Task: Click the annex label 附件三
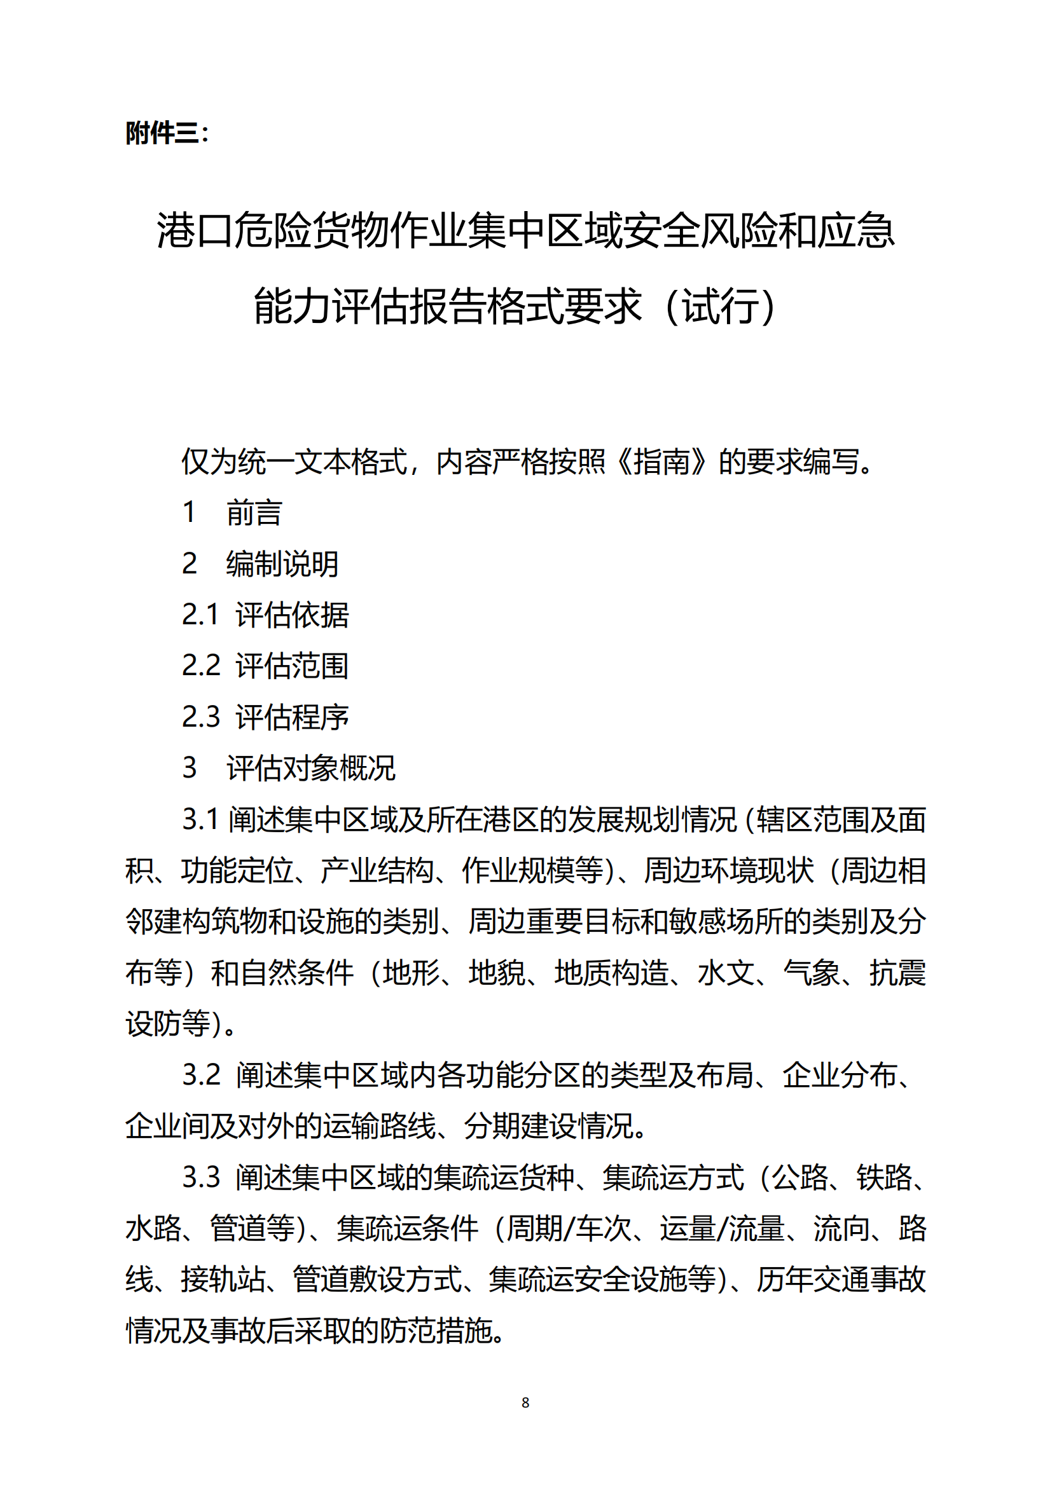coord(163,134)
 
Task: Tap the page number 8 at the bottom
coord(525,1402)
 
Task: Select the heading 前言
coord(254,513)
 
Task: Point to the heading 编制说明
coord(282,563)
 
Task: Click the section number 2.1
coord(200,615)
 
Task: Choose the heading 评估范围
coord(292,666)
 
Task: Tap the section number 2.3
coord(201,717)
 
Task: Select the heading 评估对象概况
coord(311,768)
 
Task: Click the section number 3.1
coord(200,819)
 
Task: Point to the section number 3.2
coord(201,1075)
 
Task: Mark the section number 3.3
coord(201,1177)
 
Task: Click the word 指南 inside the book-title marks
coord(661,462)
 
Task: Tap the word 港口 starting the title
coord(195,231)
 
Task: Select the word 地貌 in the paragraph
coord(497,973)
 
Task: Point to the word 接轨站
coord(223,1280)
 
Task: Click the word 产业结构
coord(377,870)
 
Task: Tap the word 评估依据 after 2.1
coord(292,615)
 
